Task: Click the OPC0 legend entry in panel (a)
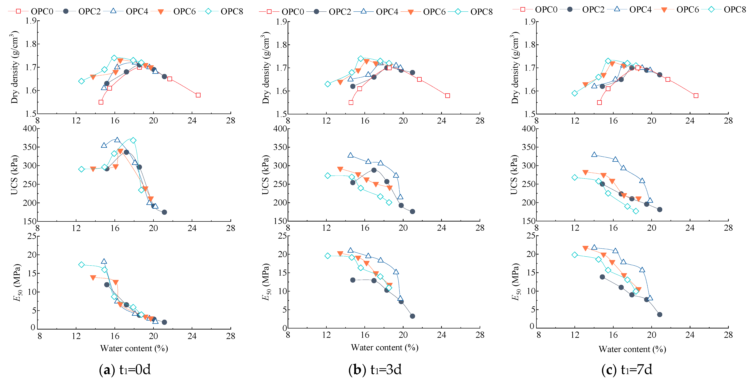pos(31,11)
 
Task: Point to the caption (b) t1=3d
pos(375,370)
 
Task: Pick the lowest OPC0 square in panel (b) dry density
pos(351,102)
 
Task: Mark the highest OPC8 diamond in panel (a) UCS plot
pos(133,140)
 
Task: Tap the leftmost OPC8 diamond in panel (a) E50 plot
pos(82,265)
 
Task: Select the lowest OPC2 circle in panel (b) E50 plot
pos(412,316)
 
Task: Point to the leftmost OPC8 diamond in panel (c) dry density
pos(575,93)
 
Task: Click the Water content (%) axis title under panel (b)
pos(384,347)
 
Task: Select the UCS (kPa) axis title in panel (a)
pos(14,175)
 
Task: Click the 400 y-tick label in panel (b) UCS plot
pos(280,129)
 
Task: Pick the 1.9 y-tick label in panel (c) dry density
pos(530,22)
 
